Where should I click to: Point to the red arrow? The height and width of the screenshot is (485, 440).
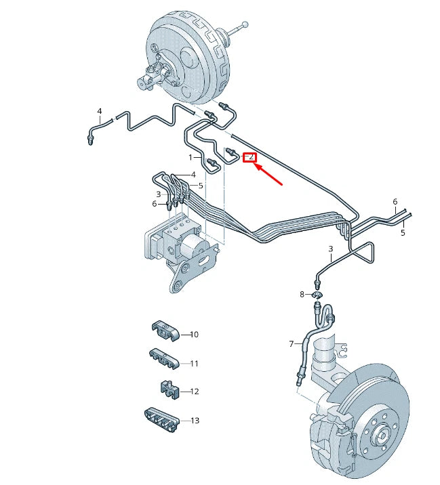[x=268, y=175]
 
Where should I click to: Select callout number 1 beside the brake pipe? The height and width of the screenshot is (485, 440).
[x=191, y=157]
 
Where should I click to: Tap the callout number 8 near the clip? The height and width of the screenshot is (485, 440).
[x=302, y=294]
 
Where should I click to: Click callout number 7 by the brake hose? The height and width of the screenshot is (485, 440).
[x=291, y=343]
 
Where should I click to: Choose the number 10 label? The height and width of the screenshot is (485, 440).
[x=194, y=335]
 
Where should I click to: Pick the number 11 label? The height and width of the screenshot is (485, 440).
[x=194, y=363]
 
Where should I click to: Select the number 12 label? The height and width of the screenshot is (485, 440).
[x=195, y=392]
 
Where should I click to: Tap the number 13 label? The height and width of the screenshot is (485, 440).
[x=195, y=421]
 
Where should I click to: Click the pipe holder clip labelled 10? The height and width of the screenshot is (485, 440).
[x=165, y=331]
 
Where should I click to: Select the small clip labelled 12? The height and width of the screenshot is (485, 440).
[x=170, y=389]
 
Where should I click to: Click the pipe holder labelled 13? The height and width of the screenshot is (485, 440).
[x=161, y=419]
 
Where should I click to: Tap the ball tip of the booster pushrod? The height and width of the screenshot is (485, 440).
[x=245, y=24]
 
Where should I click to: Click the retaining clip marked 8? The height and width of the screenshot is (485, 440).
[x=317, y=295]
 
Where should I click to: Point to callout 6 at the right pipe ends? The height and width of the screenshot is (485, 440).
[x=395, y=202]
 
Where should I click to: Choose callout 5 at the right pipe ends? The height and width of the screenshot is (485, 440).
[x=403, y=232]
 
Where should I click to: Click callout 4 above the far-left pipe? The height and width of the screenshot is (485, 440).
[x=100, y=111]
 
